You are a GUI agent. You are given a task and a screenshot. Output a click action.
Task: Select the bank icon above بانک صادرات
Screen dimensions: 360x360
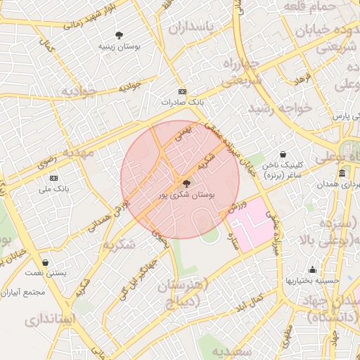(x=182, y=91)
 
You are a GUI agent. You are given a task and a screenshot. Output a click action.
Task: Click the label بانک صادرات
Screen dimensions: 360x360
(x=182, y=102)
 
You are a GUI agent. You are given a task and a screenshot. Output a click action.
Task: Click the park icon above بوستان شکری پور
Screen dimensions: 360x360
(x=185, y=181)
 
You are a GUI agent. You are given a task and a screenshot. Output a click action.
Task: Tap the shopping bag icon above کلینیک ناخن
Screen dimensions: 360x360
(x=282, y=154)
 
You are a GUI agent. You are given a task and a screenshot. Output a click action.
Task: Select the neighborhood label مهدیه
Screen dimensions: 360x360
(x=79, y=153)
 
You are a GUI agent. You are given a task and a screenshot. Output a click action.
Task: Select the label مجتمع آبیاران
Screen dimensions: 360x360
(x=24, y=292)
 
